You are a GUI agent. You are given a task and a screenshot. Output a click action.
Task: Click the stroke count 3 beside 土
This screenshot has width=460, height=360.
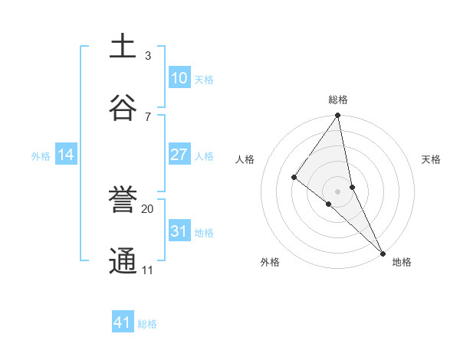[148, 55]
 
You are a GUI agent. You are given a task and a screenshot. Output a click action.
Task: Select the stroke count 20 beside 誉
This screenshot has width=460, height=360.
[148, 208]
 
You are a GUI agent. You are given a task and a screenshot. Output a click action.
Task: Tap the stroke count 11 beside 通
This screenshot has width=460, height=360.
[148, 270]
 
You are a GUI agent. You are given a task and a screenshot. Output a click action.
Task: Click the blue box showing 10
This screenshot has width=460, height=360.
[179, 78]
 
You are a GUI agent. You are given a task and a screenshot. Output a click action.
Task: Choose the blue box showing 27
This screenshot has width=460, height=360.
[179, 155]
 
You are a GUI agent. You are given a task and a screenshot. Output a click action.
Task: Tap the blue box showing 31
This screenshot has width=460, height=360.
[179, 231]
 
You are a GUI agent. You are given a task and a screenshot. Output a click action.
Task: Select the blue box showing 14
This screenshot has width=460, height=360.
[66, 155]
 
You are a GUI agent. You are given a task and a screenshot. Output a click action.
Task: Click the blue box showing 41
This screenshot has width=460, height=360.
[123, 322]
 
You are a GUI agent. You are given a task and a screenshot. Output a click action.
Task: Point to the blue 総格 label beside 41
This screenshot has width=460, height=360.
[147, 324]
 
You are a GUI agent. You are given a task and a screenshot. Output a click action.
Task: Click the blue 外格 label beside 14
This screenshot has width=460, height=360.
[41, 156]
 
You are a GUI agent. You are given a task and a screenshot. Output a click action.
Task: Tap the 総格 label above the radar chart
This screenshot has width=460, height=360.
[338, 100]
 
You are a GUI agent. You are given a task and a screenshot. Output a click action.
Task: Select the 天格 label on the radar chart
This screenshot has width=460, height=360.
[431, 160]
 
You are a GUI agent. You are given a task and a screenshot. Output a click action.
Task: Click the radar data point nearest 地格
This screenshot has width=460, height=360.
[383, 253]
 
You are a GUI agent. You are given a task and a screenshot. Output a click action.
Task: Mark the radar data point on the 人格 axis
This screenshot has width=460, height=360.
[294, 178]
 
